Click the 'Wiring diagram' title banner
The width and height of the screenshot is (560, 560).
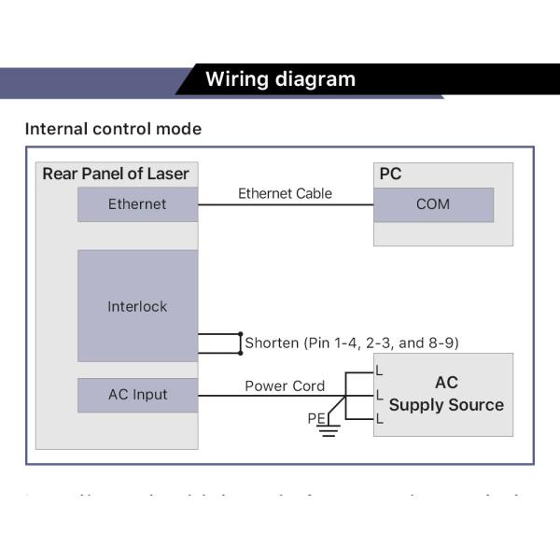point(280,79)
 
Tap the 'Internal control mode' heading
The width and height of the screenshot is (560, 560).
point(113,129)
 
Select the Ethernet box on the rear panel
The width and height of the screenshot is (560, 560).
point(137,204)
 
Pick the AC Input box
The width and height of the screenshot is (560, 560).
point(137,395)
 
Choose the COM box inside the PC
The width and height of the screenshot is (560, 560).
point(433,204)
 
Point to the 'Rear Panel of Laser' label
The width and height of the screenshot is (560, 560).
point(116,174)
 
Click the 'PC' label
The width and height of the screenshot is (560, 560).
point(390,175)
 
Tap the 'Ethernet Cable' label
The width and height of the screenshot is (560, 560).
point(285,194)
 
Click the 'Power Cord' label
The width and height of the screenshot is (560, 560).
point(285,385)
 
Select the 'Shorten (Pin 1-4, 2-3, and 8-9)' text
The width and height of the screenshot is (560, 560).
point(352,343)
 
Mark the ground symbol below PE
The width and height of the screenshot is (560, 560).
point(328,432)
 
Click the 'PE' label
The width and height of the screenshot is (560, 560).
point(316,419)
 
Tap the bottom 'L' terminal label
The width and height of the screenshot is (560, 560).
point(379,420)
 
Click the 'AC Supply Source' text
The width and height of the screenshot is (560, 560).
point(446,394)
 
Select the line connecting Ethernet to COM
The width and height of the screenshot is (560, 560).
point(286,205)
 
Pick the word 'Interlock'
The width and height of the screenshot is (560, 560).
point(137,306)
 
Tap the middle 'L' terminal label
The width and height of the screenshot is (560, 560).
point(379,396)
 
